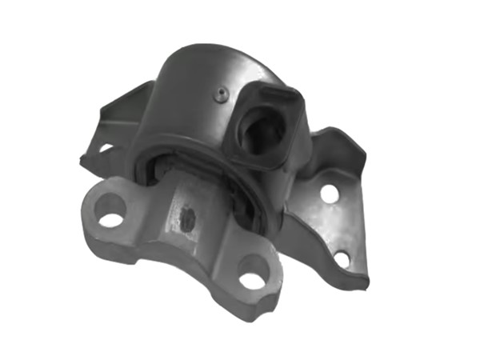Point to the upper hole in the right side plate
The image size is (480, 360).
(328, 192)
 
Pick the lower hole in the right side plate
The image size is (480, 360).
(342, 258)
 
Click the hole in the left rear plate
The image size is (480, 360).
(105, 148)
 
